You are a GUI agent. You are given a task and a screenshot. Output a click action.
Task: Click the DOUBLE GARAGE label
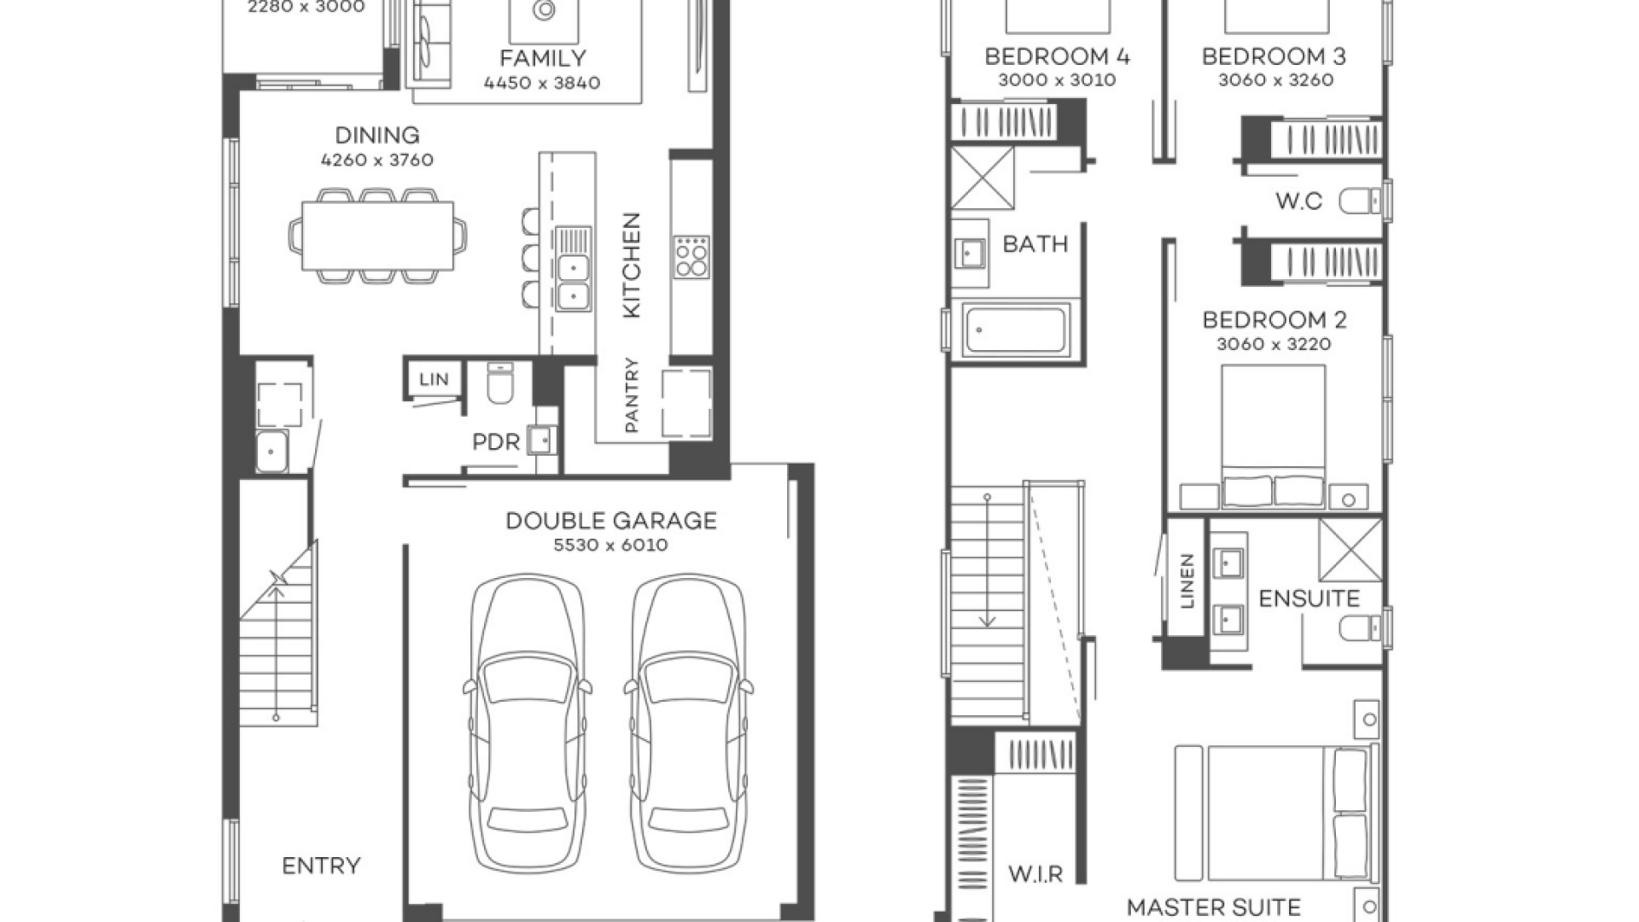[x=611, y=521]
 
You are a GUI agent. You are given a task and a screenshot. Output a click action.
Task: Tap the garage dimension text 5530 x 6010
[x=611, y=546]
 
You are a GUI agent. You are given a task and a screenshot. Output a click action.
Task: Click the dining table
[x=378, y=236]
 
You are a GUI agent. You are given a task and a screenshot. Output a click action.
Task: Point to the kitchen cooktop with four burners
[x=691, y=257]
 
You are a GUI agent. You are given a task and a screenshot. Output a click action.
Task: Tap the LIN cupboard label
[x=434, y=379]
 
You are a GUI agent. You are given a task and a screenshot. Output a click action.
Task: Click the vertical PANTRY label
[x=632, y=394]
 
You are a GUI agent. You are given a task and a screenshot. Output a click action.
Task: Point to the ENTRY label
[x=321, y=866]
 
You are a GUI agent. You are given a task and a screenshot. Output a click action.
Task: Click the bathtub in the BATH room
[x=1015, y=330]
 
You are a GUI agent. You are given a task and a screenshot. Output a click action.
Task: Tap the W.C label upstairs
[x=1298, y=201]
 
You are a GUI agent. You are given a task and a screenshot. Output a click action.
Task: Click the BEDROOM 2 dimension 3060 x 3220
[x=1274, y=344]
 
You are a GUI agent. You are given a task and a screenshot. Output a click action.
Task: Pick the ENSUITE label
[x=1309, y=598]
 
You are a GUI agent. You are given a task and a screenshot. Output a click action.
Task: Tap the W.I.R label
[x=1035, y=874]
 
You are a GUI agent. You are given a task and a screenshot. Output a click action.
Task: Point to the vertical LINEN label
[x=1187, y=581]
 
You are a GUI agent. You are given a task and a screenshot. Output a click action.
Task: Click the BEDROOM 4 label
[x=1057, y=56]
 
